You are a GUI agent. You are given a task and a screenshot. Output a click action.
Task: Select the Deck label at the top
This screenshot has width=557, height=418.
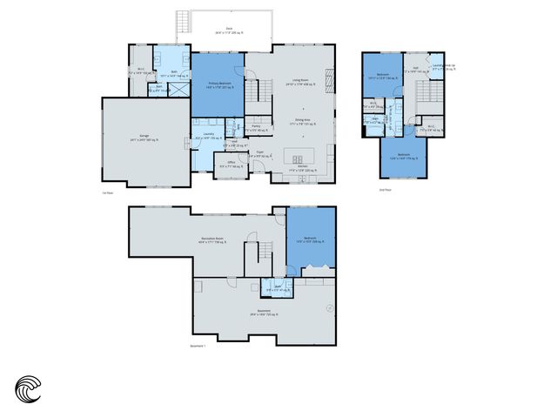(229, 30)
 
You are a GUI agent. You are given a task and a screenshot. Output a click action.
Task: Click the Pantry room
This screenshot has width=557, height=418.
(256, 129)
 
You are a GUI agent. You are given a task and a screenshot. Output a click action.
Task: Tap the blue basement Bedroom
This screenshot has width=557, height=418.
(311, 241)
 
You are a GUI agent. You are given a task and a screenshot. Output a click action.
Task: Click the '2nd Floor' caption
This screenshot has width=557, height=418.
(386, 189)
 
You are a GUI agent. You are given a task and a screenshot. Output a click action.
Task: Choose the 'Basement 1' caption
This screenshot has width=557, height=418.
(199, 345)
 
